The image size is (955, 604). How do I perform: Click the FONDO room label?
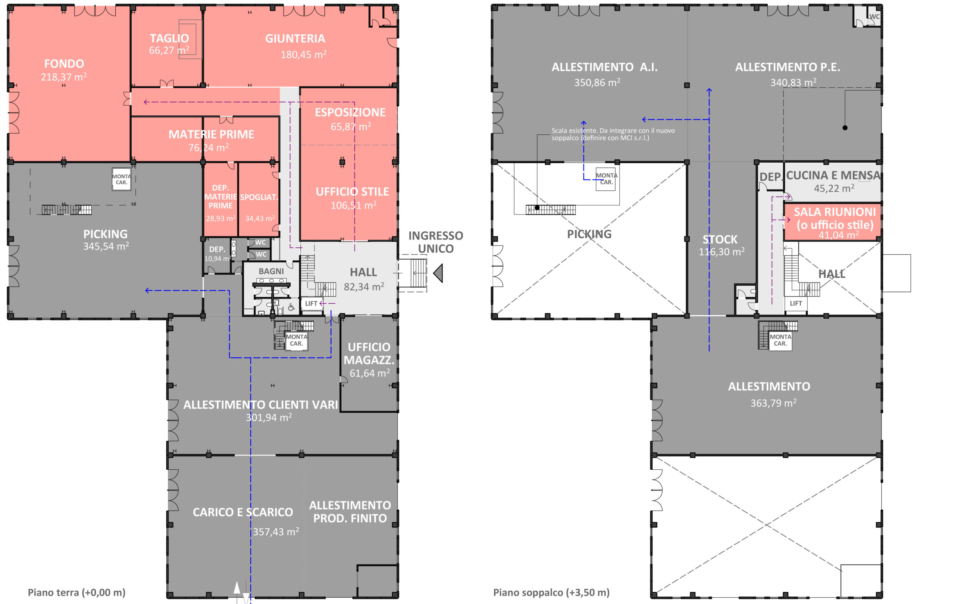[x=64, y=63]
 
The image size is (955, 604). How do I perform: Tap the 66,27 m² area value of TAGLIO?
[x=169, y=50]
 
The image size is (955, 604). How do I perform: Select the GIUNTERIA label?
[x=295, y=38]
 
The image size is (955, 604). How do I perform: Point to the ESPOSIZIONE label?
[x=350, y=112]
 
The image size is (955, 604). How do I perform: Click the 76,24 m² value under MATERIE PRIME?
[x=209, y=147]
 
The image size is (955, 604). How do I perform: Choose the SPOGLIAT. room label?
[x=259, y=197]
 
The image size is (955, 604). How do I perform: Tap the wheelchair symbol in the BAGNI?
[x=291, y=307]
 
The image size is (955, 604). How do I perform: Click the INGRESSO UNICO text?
[x=436, y=242]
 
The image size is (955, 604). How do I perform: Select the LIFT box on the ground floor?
[x=311, y=303]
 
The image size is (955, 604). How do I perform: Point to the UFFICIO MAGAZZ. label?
[x=369, y=353]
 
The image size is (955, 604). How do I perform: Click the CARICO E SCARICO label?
[x=243, y=512]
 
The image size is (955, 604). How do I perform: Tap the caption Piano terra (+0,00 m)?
[x=76, y=592]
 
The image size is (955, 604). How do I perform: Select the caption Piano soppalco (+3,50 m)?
[x=551, y=592]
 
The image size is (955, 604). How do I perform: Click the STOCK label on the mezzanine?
[x=720, y=240]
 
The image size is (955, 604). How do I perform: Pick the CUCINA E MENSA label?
[x=833, y=175]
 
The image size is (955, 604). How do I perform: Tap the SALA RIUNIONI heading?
[x=835, y=212]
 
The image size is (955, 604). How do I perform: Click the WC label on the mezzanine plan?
[x=874, y=17]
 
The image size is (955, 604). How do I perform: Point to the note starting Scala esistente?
[x=613, y=134]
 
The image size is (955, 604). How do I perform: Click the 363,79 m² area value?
[x=773, y=403]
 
